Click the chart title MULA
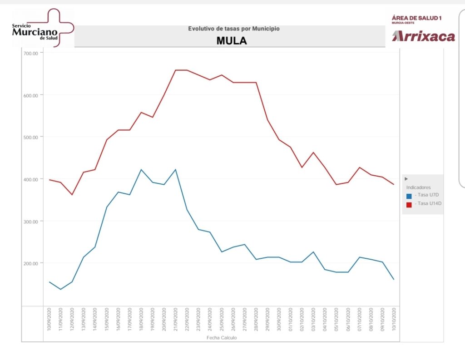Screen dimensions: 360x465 (x=231, y=40)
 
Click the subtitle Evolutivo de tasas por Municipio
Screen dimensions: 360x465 (x=234, y=29)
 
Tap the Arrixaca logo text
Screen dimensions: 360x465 (x=423, y=36)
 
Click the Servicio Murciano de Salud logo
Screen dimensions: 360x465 (x=43, y=28)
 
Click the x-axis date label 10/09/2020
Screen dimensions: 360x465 (x=49, y=320)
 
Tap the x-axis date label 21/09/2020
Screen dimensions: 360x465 (x=175, y=320)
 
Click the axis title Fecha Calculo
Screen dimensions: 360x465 (x=222, y=338)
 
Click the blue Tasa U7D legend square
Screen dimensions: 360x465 (x=409, y=196)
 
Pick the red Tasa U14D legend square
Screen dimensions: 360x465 (x=409, y=205)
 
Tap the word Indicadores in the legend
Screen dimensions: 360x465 (x=418, y=187)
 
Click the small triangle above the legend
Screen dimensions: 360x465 (x=406, y=179)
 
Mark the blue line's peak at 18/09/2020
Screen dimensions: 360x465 (x=141, y=169)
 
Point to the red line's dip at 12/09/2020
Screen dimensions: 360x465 (x=72, y=195)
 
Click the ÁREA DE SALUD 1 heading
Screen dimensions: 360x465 (x=416, y=18)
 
